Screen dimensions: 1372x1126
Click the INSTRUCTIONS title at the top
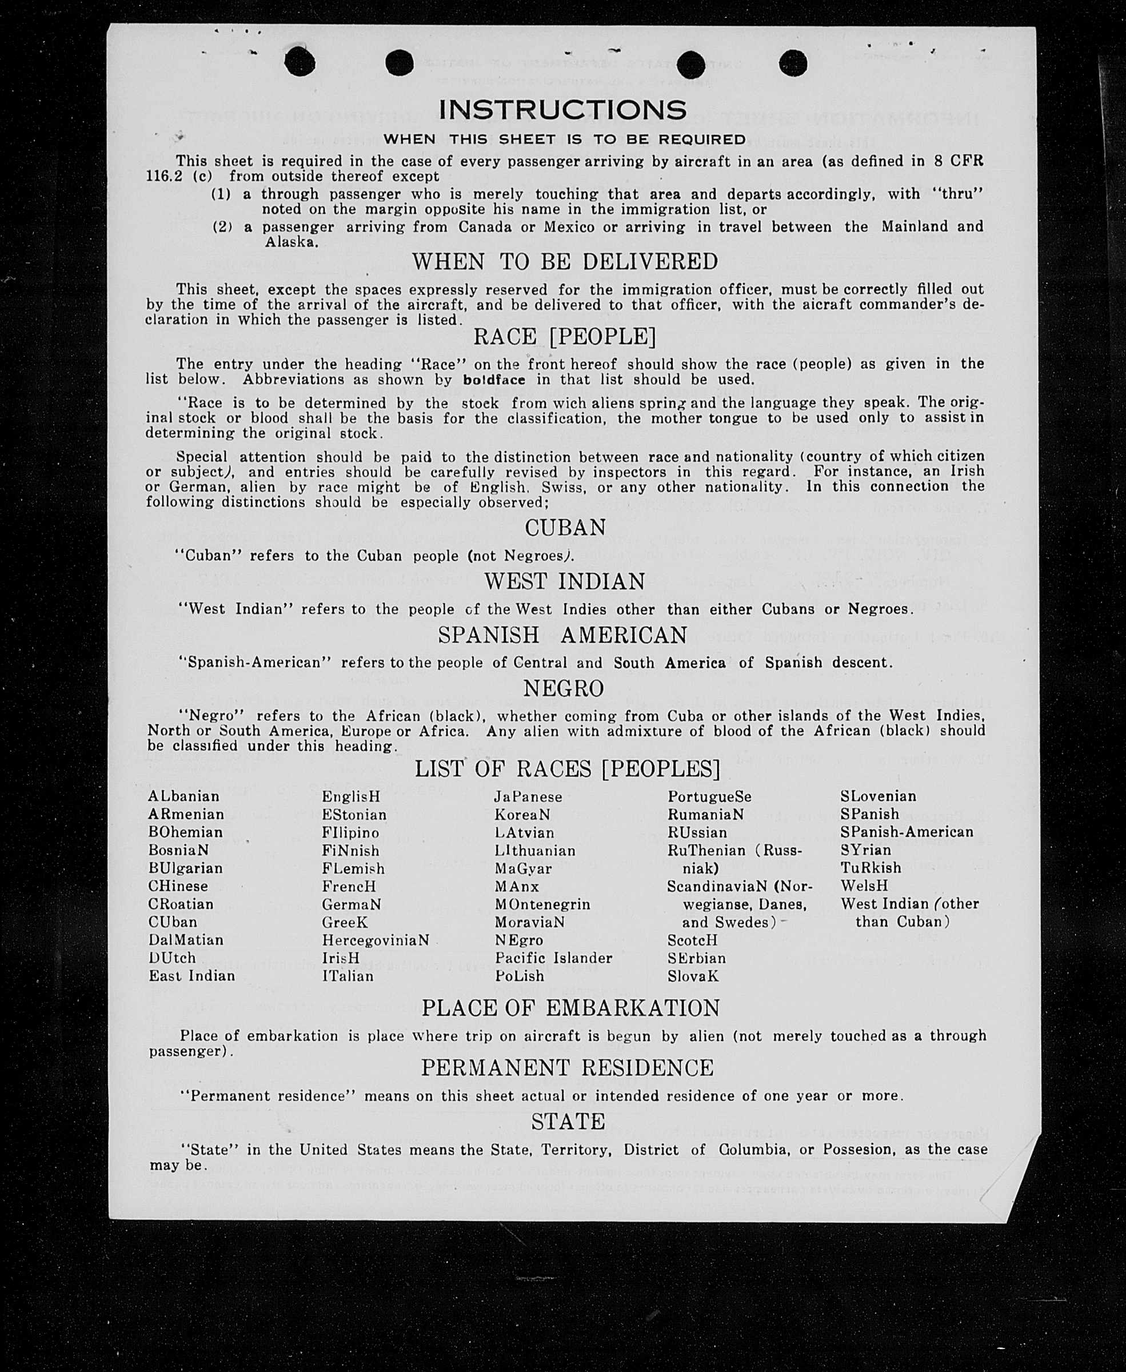tap(562, 110)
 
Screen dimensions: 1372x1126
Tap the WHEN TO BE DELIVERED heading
tap(565, 261)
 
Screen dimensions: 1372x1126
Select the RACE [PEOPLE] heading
tap(564, 337)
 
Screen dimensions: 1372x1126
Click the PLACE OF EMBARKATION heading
tap(570, 1007)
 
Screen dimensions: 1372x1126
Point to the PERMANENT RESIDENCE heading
tap(567, 1067)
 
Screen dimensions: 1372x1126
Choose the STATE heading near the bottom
tap(568, 1121)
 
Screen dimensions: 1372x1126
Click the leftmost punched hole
tap(300, 62)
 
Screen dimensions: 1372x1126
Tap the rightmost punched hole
tap(793, 63)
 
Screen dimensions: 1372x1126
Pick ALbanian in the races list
tap(183, 796)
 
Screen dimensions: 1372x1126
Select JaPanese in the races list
tap(528, 796)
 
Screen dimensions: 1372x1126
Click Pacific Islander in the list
tap(553, 958)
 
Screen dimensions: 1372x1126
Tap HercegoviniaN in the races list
tap(376, 940)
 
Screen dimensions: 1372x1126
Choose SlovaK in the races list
tap(693, 976)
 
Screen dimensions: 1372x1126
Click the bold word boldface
tap(494, 380)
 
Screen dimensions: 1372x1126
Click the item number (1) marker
tap(221, 194)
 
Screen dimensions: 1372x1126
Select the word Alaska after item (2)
tap(292, 242)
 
